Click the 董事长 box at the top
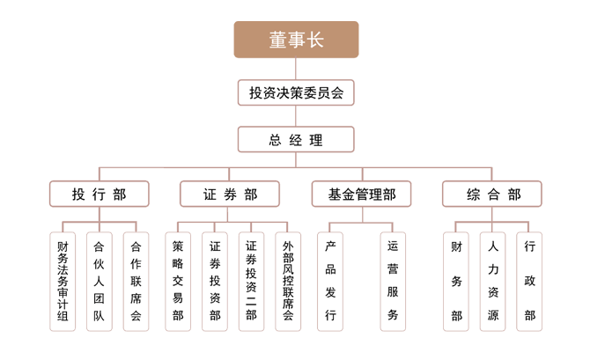296,40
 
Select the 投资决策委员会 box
296,92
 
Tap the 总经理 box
296,140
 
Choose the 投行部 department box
100,195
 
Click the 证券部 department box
230,195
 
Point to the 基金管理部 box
362,195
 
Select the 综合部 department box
492,195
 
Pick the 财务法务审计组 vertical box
63,282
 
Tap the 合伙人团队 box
100,282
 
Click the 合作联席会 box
136,282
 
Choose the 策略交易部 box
178,282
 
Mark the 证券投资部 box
215,282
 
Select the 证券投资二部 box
251,282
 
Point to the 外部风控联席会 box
288,282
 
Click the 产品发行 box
330,282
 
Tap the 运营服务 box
393,282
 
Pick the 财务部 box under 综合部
456,282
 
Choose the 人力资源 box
492,282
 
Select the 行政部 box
529,282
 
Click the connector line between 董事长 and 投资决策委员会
296,69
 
